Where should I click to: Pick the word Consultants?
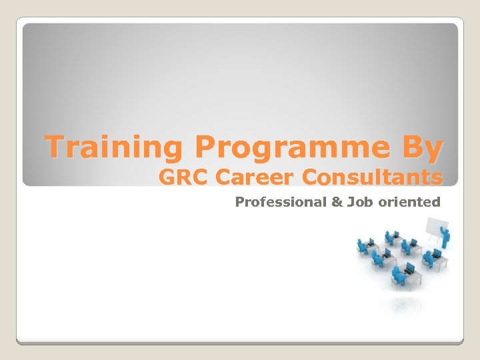[x=372, y=178]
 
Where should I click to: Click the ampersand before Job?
[x=338, y=202]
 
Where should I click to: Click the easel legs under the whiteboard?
[x=433, y=248]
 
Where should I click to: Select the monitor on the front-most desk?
[x=409, y=268]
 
